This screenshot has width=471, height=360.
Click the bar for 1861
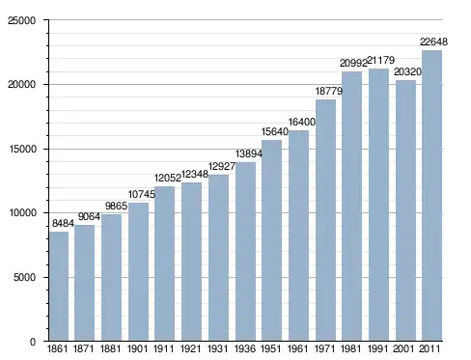coord(59,286)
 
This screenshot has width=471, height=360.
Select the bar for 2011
coord(431,195)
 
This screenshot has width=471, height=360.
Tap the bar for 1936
coord(245,251)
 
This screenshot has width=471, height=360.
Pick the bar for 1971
coord(325,220)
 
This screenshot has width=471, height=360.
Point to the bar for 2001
coord(405,210)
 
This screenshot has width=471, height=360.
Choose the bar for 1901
coord(138,271)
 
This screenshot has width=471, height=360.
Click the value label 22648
coord(433,42)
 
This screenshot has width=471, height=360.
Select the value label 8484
coord(63,223)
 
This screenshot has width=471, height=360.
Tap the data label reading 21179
coord(380,60)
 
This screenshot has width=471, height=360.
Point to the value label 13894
coord(249,153)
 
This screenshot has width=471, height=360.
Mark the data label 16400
coord(302,122)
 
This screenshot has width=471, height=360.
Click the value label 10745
coord(142,194)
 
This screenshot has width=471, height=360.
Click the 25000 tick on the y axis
coord(22,20)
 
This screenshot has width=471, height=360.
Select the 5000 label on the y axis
coord(24,277)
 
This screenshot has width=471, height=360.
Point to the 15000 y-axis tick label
coord(22,149)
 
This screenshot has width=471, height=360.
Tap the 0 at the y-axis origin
coord(33,342)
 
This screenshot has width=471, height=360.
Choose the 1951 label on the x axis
coord(271,348)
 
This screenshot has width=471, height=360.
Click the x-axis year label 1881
coord(111,348)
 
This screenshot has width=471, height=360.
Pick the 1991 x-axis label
coord(377,348)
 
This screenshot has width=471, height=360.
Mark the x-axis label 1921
coord(191,348)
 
